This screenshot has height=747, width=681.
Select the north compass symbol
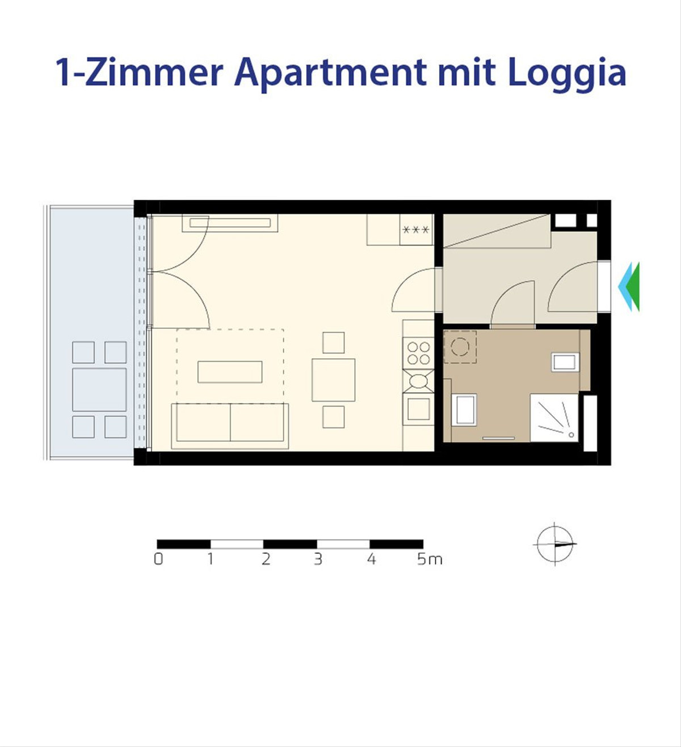click(x=555, y=544)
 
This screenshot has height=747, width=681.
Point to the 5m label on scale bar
click(x=430, y=559)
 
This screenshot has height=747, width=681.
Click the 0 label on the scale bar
click(x=158, y=559)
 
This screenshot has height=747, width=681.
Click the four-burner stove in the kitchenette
click(x=418, y=353)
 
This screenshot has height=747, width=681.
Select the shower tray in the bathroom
click(x=554, y=418)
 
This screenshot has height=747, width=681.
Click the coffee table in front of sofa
click(x=230, y=372)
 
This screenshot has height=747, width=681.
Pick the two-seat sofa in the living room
click(x=230, y=426)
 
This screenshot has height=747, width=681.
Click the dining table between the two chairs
click(x=334, y=380)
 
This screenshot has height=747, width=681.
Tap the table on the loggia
click(x=99, y=389)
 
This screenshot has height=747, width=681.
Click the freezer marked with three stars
click(x=416, y=230)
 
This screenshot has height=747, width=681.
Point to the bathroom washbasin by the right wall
click(x=565, y=362)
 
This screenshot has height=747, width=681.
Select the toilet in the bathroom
click(x=464, y=409)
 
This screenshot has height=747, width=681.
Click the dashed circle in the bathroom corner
click(x=460, y=347)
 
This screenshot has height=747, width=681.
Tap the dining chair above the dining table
click(x=334, y=342)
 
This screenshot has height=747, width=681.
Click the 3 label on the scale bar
click(x=318, y=559)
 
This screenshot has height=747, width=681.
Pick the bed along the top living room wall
click(x=230, y=223)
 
